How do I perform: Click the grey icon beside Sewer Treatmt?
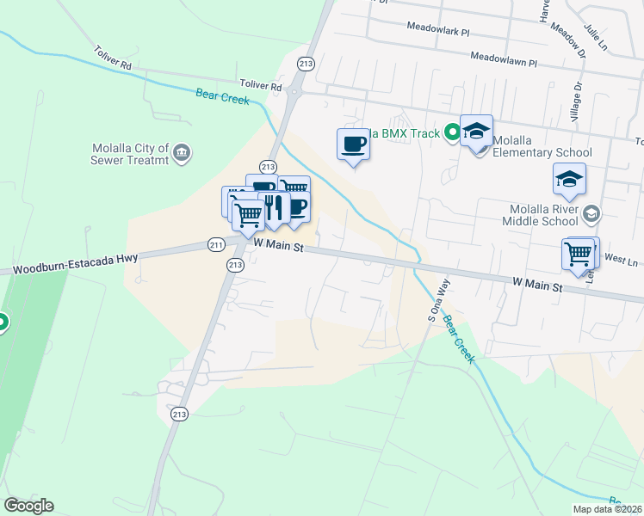point(182,154)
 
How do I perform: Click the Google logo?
point(28,506)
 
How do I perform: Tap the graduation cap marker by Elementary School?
point(476,132)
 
